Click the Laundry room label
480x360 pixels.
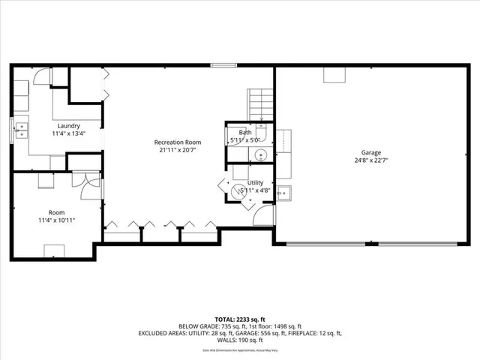(x=68, y=126)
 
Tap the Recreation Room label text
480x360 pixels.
(x=178, y=142)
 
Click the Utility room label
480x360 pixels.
(x=256, y=182)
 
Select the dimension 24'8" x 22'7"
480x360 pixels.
(x=370, y=160)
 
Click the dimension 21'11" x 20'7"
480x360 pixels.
(x=178, y=150)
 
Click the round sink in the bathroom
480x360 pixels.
(x=259, y=155)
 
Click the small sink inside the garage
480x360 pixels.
(x=283, y=193)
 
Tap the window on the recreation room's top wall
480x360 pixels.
(x=223, y=65)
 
